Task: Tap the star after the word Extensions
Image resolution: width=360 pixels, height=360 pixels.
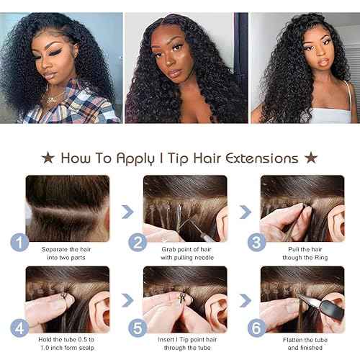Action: tap(311, 157)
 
